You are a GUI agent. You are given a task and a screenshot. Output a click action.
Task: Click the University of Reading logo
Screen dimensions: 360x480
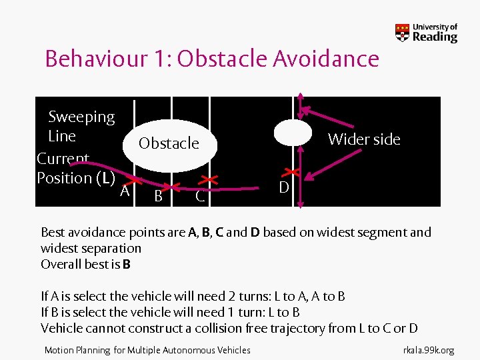click(427, 33)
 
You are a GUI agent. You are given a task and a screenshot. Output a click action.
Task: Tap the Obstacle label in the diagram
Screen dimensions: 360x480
click(169, 143)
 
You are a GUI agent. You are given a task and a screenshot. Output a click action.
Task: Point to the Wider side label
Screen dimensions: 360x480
click(364, 139)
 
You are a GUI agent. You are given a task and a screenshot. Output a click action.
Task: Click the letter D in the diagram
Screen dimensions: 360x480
click(283, 188)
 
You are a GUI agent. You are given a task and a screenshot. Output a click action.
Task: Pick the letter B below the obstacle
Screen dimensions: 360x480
click(158, 195)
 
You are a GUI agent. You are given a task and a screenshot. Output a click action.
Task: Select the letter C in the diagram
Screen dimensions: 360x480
click(199, 197)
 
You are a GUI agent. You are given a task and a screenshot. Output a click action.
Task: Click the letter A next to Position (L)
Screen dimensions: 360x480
click(124, 192)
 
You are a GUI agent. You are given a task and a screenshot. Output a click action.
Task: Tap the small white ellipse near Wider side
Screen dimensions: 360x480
click(293, 132)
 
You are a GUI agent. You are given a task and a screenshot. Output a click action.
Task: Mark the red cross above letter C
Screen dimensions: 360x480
click(209, 180)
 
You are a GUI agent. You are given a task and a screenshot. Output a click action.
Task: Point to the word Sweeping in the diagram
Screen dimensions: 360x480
click(81, 117)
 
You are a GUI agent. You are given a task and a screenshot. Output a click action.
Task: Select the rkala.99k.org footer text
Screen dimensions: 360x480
click(429, 350)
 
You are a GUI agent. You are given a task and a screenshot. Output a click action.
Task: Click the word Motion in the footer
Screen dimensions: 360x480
click(58, 350)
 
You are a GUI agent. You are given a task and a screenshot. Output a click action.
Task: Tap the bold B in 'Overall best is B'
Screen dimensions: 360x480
click(127, 264)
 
